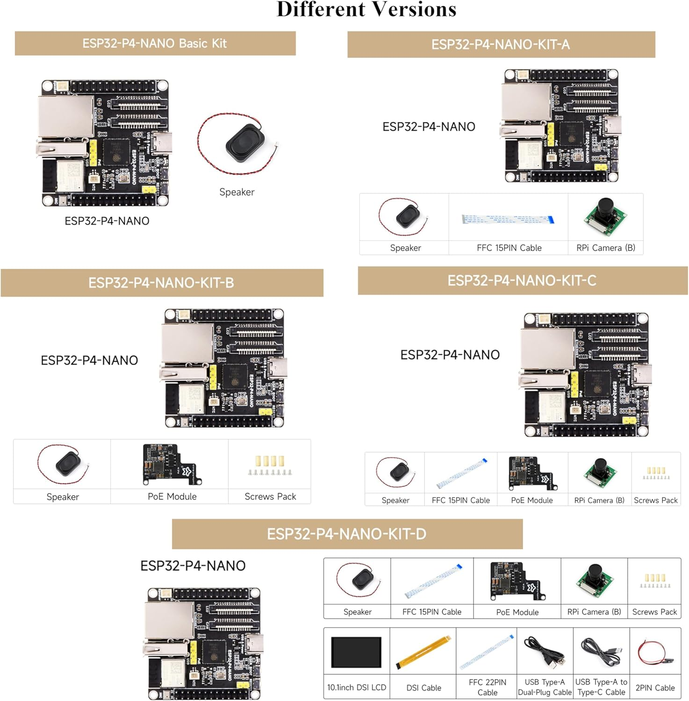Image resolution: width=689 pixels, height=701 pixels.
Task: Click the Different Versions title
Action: (x=366, y=9)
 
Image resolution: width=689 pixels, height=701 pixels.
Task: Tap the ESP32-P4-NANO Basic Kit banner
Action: (x=155, y=43)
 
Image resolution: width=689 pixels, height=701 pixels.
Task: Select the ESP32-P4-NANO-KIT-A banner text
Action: (x=501, y=44)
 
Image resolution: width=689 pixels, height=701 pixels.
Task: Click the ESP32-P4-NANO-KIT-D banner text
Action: (x=346, y=534)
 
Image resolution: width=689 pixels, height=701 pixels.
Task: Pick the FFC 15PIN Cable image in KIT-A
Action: (x=508, y=219)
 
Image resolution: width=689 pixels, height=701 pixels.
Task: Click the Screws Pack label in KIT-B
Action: (x=270, y=496)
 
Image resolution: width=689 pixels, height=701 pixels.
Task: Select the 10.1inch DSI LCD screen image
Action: (x=356, y=652)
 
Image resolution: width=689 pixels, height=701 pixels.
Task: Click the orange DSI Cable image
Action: (x=423, y=652)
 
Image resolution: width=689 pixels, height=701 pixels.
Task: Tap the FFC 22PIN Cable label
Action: (x=487, y=687)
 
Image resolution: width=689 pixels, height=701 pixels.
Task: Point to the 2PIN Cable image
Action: (x=655, y=652)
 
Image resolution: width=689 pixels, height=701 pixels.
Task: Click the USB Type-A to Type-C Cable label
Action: (x=601, y=687)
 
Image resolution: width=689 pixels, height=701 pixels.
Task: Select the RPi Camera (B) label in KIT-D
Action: (x=594, y=612)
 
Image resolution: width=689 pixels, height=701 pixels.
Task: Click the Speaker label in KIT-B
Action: (x=63, y=497)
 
